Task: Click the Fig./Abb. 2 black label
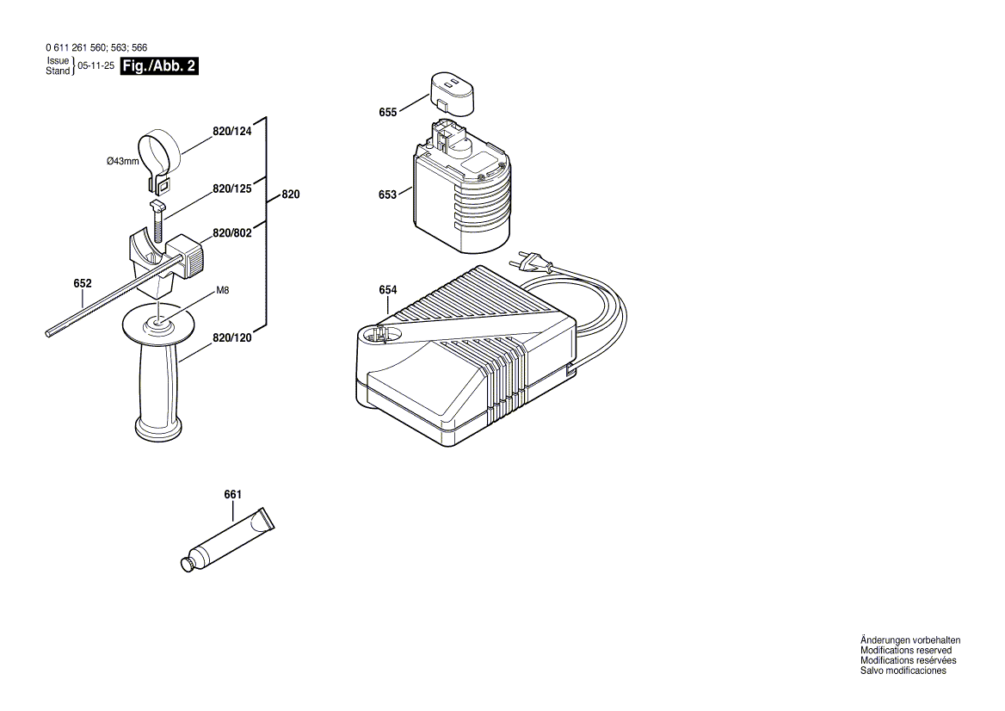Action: pos(160,66)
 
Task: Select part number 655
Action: pos(387,112)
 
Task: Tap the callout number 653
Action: pos(387,195)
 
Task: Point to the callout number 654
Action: pos(387,290)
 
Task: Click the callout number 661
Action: pos(232,494)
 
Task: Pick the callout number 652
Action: pos(83,283)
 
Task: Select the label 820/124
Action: pos(232,132)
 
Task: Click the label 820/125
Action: pos(232,189)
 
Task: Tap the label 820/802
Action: pos(232,233)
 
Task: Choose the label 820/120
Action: pos(232,338)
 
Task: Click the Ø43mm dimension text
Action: pos(122,161)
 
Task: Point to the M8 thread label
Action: pos(222,291)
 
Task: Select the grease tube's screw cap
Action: pos(185,564)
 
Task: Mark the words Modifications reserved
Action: pos(905,651)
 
